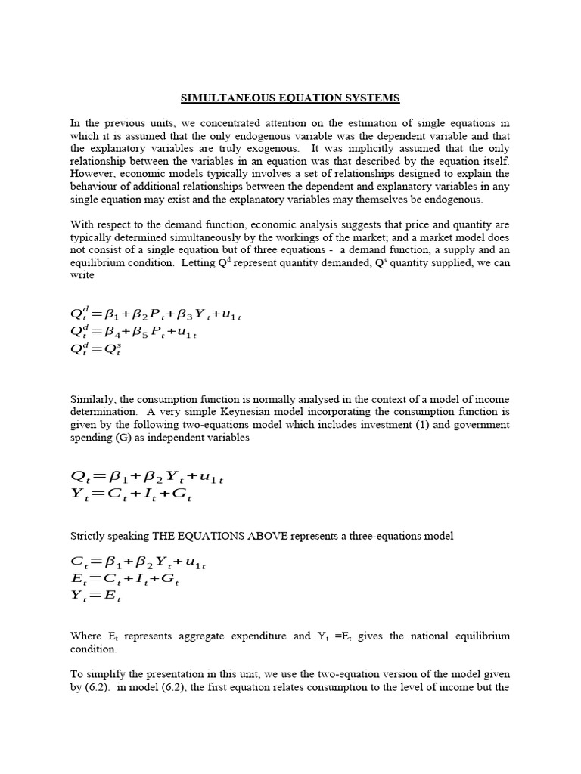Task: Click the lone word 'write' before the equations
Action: coord(82,275)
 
